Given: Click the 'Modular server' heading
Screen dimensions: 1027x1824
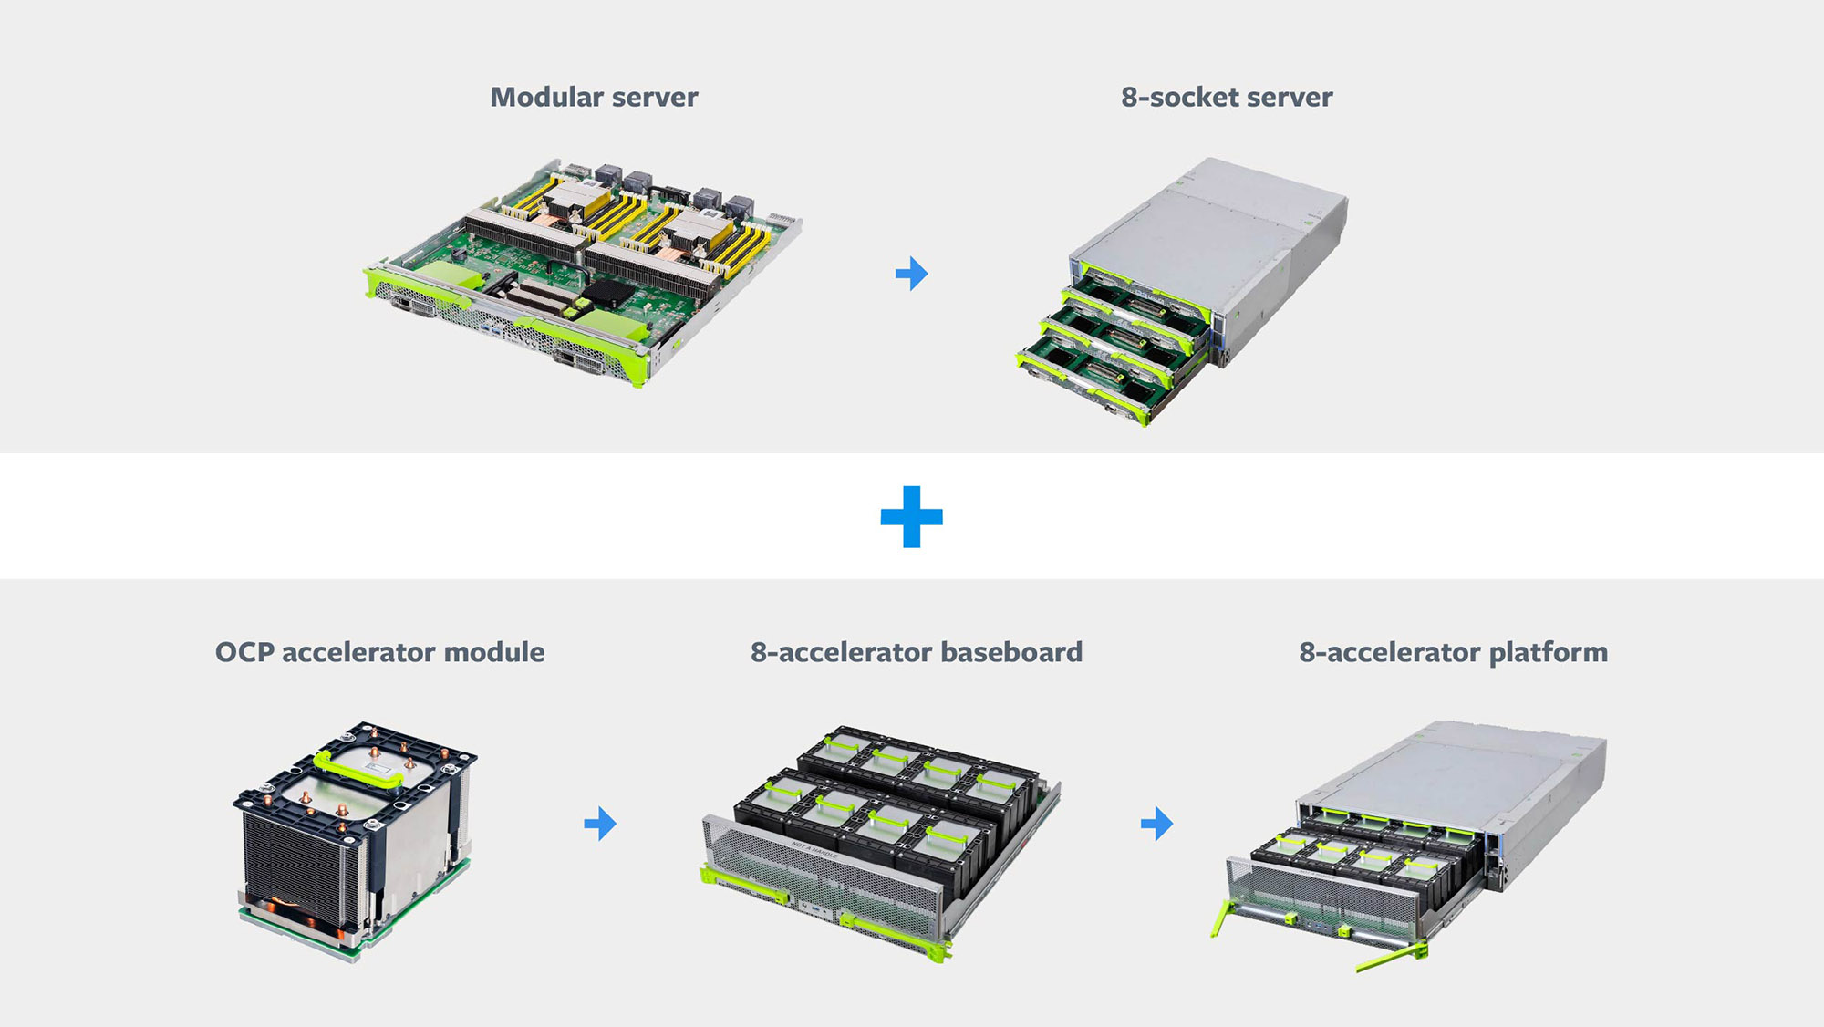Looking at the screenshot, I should coord(594,97).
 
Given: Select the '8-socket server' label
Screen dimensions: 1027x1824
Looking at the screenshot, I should coord(1226,97).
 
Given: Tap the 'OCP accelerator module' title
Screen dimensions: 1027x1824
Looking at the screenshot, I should coord(379,652).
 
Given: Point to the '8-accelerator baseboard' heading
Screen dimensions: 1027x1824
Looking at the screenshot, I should coord(916,652).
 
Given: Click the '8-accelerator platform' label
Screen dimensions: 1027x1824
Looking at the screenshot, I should coord(1453,652).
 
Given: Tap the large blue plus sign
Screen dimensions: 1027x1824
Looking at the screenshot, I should coord(911,517).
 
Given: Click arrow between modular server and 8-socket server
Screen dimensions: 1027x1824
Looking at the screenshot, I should coord(911,273).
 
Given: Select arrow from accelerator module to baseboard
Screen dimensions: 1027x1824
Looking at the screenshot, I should coord(600,824).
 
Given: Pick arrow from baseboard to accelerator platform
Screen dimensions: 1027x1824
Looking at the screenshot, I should coord(1156,824).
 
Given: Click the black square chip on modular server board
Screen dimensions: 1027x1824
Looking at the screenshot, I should coord(608,293).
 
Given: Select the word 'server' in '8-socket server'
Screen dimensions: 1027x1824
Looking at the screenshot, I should coord(1288,97).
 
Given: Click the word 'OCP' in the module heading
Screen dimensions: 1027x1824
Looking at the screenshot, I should coord(244,652).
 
